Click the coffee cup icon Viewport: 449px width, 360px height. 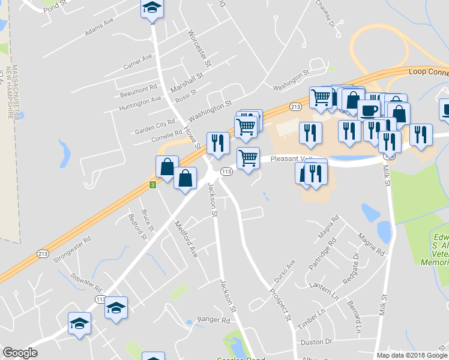coord(368,109)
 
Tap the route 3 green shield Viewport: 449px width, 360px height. coord(152,185)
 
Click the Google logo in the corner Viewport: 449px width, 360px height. coord(20,353)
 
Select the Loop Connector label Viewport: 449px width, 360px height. coord(428,71)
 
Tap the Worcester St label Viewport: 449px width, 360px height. coord(200,48)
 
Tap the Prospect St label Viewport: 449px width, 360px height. coord(280,306)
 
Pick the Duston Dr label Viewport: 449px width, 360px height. coord(316,342)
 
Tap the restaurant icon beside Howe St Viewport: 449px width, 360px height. coord(217,142)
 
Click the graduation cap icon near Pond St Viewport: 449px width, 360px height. coord(152,8)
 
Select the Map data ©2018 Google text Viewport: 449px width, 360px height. coord(412,355)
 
